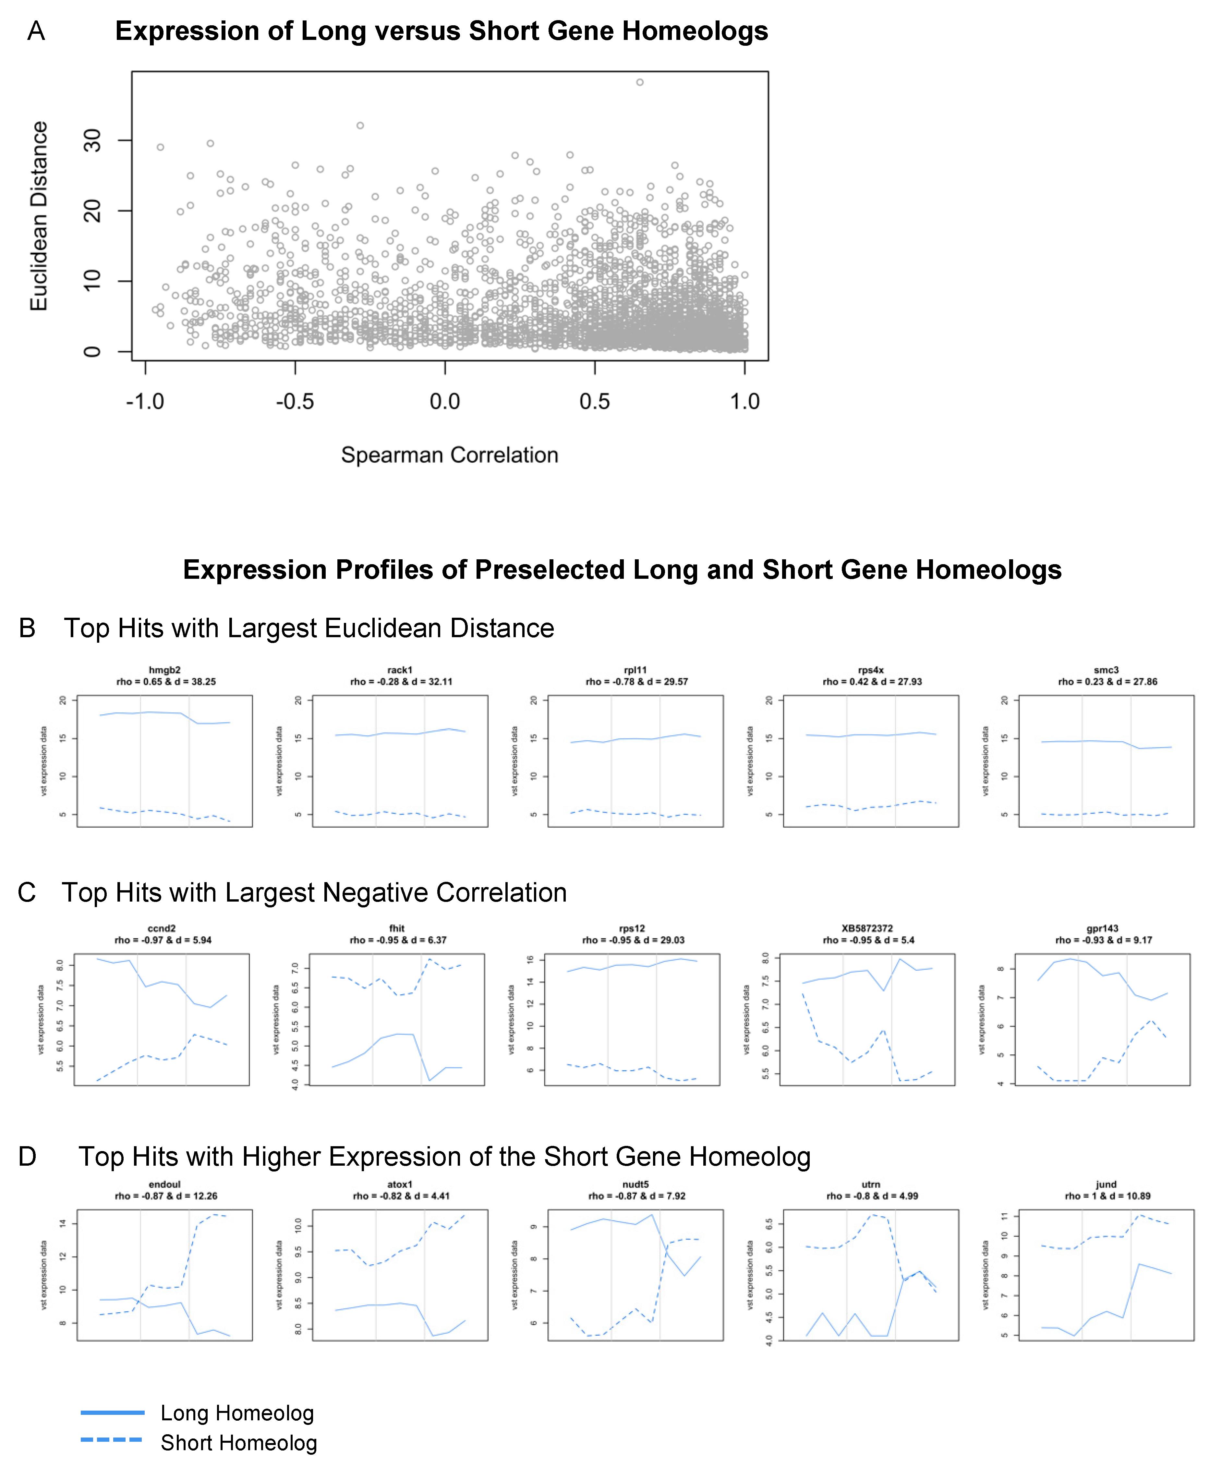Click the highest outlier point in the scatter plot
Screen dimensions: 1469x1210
(640, 82)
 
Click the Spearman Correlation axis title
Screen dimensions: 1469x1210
(450, 455)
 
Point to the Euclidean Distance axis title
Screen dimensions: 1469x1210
(39, 216)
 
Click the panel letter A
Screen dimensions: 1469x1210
(36, 31)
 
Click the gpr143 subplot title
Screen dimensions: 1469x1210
(1103, 928)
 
